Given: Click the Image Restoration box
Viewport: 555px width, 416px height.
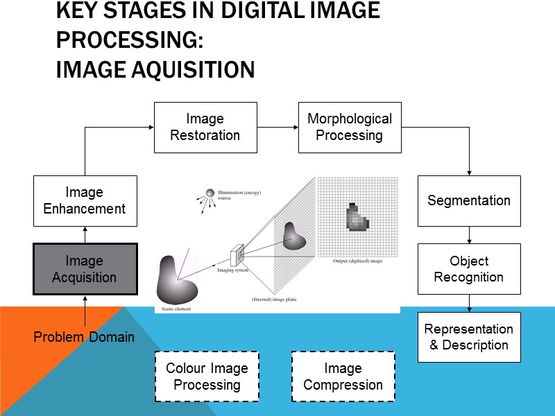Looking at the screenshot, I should [205, 128].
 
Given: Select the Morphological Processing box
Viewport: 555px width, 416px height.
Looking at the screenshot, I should [350, 128].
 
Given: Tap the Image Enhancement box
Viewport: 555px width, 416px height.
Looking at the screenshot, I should [85, 200].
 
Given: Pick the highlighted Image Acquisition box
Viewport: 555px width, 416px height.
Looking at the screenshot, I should [85, 269].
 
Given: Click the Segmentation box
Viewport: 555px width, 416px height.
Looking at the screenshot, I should [468, 200].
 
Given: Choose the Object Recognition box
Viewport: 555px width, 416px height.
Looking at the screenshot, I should [468, 269].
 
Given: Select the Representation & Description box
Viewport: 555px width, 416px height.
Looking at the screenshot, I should [468, 337].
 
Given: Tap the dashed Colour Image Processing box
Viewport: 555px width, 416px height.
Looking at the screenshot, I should [206, 376].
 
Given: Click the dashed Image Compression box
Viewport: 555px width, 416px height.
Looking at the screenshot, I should [343, 376].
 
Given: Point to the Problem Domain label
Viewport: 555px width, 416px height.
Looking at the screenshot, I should [85, 338].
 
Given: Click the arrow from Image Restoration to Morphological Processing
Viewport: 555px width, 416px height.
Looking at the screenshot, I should [277, 128].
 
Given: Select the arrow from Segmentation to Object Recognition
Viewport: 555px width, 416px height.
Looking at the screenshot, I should [469, 234].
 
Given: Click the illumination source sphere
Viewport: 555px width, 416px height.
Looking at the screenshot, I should [210, 193].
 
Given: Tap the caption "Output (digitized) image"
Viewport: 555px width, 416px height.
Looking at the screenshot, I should [357, 261].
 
